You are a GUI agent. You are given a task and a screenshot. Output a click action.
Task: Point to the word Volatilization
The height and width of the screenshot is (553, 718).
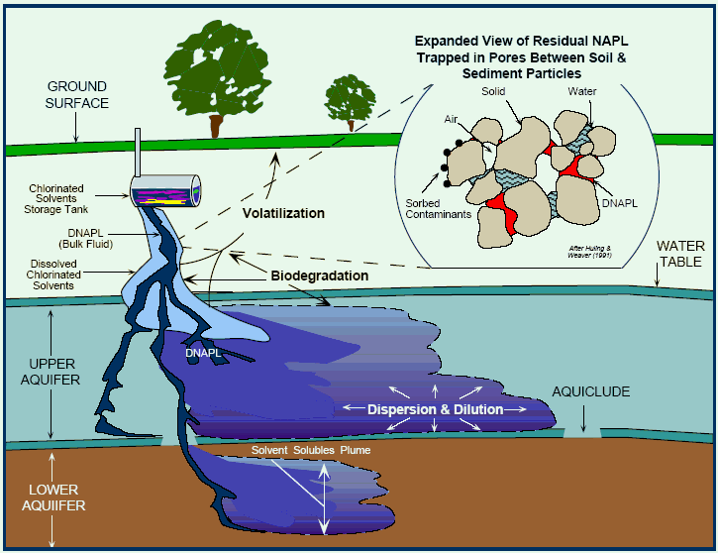285,212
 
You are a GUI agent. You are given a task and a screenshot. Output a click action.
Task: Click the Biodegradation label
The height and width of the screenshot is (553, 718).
320,276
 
